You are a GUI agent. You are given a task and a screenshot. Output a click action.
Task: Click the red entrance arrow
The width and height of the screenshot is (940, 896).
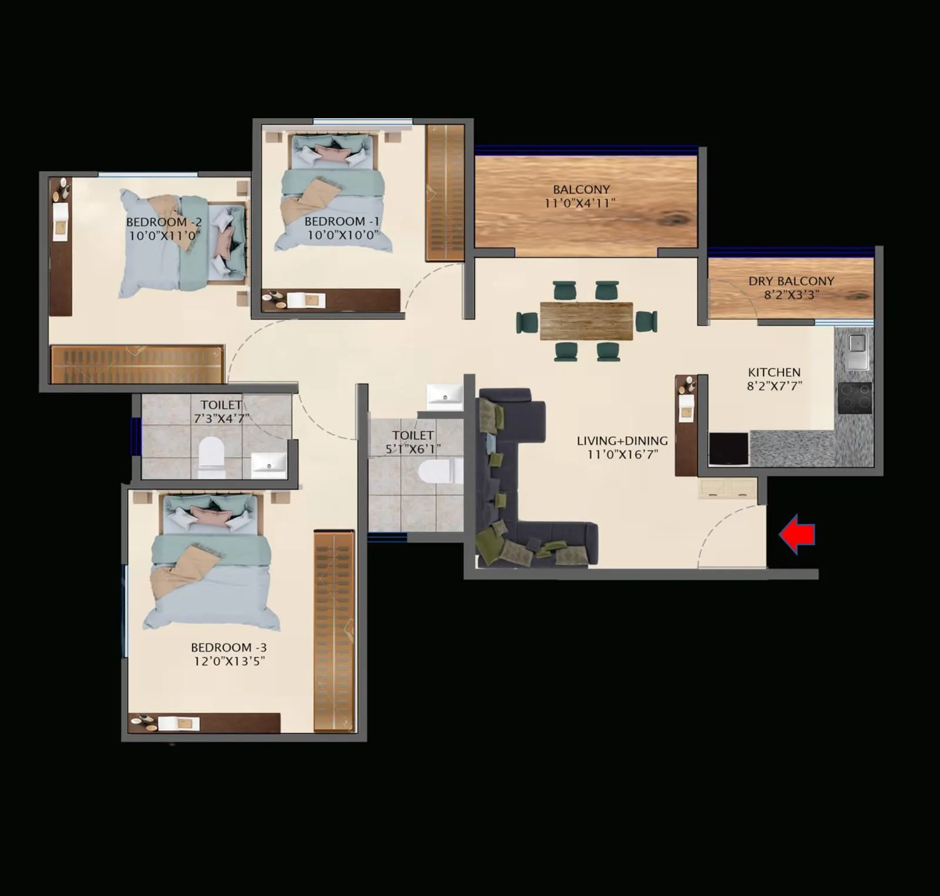797,534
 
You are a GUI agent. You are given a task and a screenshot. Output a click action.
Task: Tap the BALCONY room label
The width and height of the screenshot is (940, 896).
581,189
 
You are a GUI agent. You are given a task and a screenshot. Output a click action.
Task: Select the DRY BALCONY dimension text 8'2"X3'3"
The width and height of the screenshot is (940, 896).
791,295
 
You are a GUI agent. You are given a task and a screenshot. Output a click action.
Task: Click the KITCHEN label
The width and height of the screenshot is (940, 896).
774,372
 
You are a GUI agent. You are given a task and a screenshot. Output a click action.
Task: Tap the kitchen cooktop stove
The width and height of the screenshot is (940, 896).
855,397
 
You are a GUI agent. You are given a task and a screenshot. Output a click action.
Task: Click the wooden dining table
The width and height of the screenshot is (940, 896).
586,321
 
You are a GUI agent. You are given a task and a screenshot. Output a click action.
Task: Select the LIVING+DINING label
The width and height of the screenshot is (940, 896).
622,440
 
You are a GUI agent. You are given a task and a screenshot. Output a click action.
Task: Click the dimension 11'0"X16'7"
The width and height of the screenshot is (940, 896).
622,454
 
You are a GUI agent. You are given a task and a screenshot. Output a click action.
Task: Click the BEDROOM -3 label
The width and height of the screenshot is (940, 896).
229,647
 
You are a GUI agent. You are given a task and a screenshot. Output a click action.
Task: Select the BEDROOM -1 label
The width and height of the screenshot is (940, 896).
341,221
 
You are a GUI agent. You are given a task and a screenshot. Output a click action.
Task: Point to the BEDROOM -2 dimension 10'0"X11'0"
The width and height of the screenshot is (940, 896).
164,236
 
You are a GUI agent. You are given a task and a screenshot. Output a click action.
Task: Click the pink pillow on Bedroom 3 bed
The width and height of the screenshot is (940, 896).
211,517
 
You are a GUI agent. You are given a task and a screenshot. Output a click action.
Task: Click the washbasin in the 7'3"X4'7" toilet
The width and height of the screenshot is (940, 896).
269,464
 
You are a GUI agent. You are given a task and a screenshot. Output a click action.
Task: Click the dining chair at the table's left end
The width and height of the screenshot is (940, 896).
527,322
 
